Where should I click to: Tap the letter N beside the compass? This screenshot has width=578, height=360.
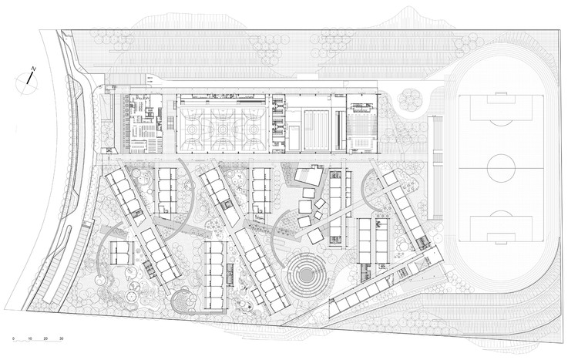pyautogui.click(x=33, y=70)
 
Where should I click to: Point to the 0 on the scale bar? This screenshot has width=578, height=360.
pyautogui.click(x=13, y=339)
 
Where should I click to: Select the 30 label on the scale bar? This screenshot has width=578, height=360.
pyautogui.click(x=61, y=339)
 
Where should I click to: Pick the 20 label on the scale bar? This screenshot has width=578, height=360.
pyautogui.click(x=45, y=339)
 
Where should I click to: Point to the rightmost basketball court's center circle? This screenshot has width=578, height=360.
pyautogui.click(x=252, y=123)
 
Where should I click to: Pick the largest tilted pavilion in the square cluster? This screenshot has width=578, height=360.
pyautogui.click(x=308, y=177)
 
